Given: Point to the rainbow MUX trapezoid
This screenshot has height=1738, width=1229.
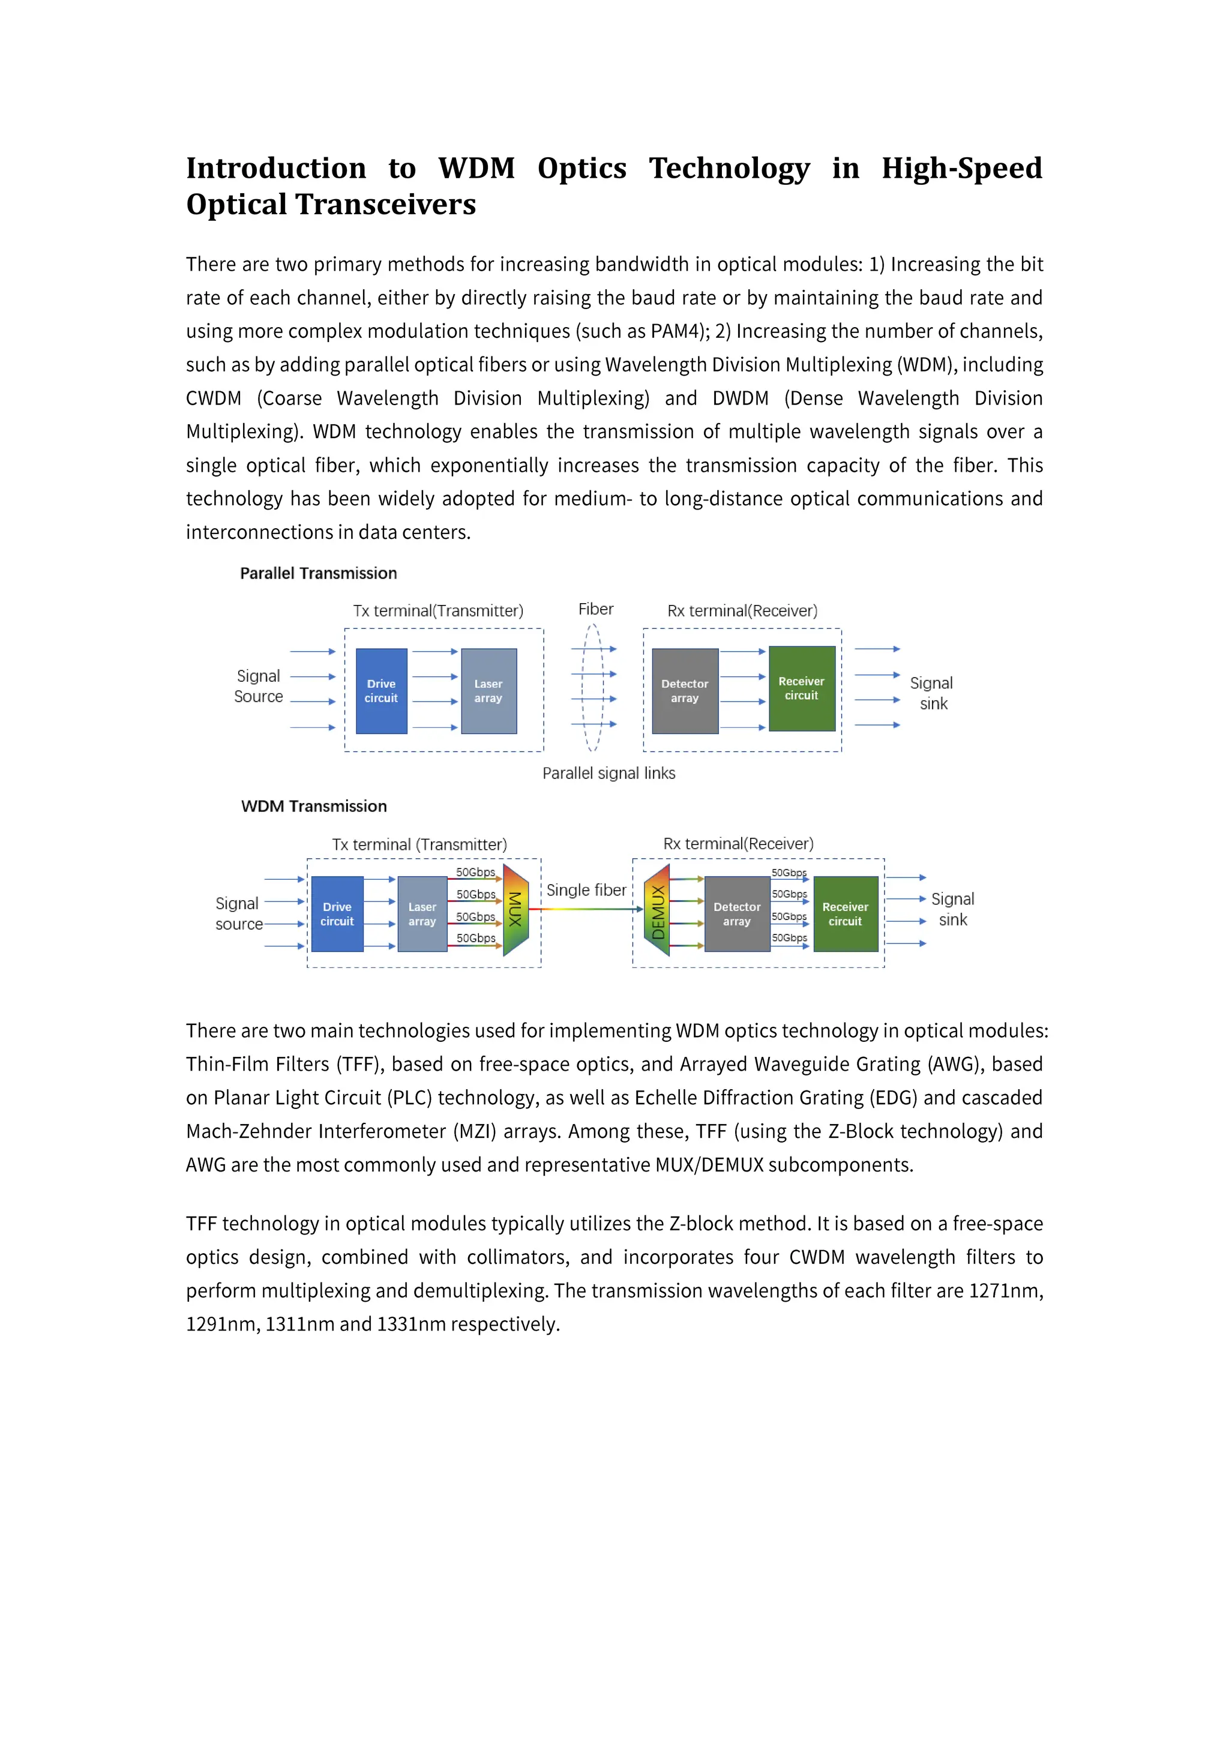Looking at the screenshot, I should point(515,910).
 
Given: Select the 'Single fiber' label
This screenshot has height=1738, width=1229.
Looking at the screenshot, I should point(586,890).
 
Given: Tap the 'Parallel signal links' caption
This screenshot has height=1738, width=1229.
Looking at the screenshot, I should point(608,773).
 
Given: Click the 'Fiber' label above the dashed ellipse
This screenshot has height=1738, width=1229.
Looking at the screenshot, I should point(595,609).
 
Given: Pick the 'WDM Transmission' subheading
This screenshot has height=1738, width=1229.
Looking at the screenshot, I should point(314,806).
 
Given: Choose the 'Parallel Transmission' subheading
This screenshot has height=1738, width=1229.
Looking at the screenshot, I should point(319,573).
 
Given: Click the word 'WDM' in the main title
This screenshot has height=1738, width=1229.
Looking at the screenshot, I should point(476,168).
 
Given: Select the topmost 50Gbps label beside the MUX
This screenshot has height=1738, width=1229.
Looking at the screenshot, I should point(475,872).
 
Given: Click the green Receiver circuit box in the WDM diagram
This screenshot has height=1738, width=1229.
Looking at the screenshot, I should point(846,913).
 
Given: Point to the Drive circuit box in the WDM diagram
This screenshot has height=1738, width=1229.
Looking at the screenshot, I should point(337,913).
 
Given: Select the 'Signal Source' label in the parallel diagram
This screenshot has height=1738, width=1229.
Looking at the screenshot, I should point(258,686).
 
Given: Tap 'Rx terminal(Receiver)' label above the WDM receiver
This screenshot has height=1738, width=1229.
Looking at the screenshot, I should point(738,843).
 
